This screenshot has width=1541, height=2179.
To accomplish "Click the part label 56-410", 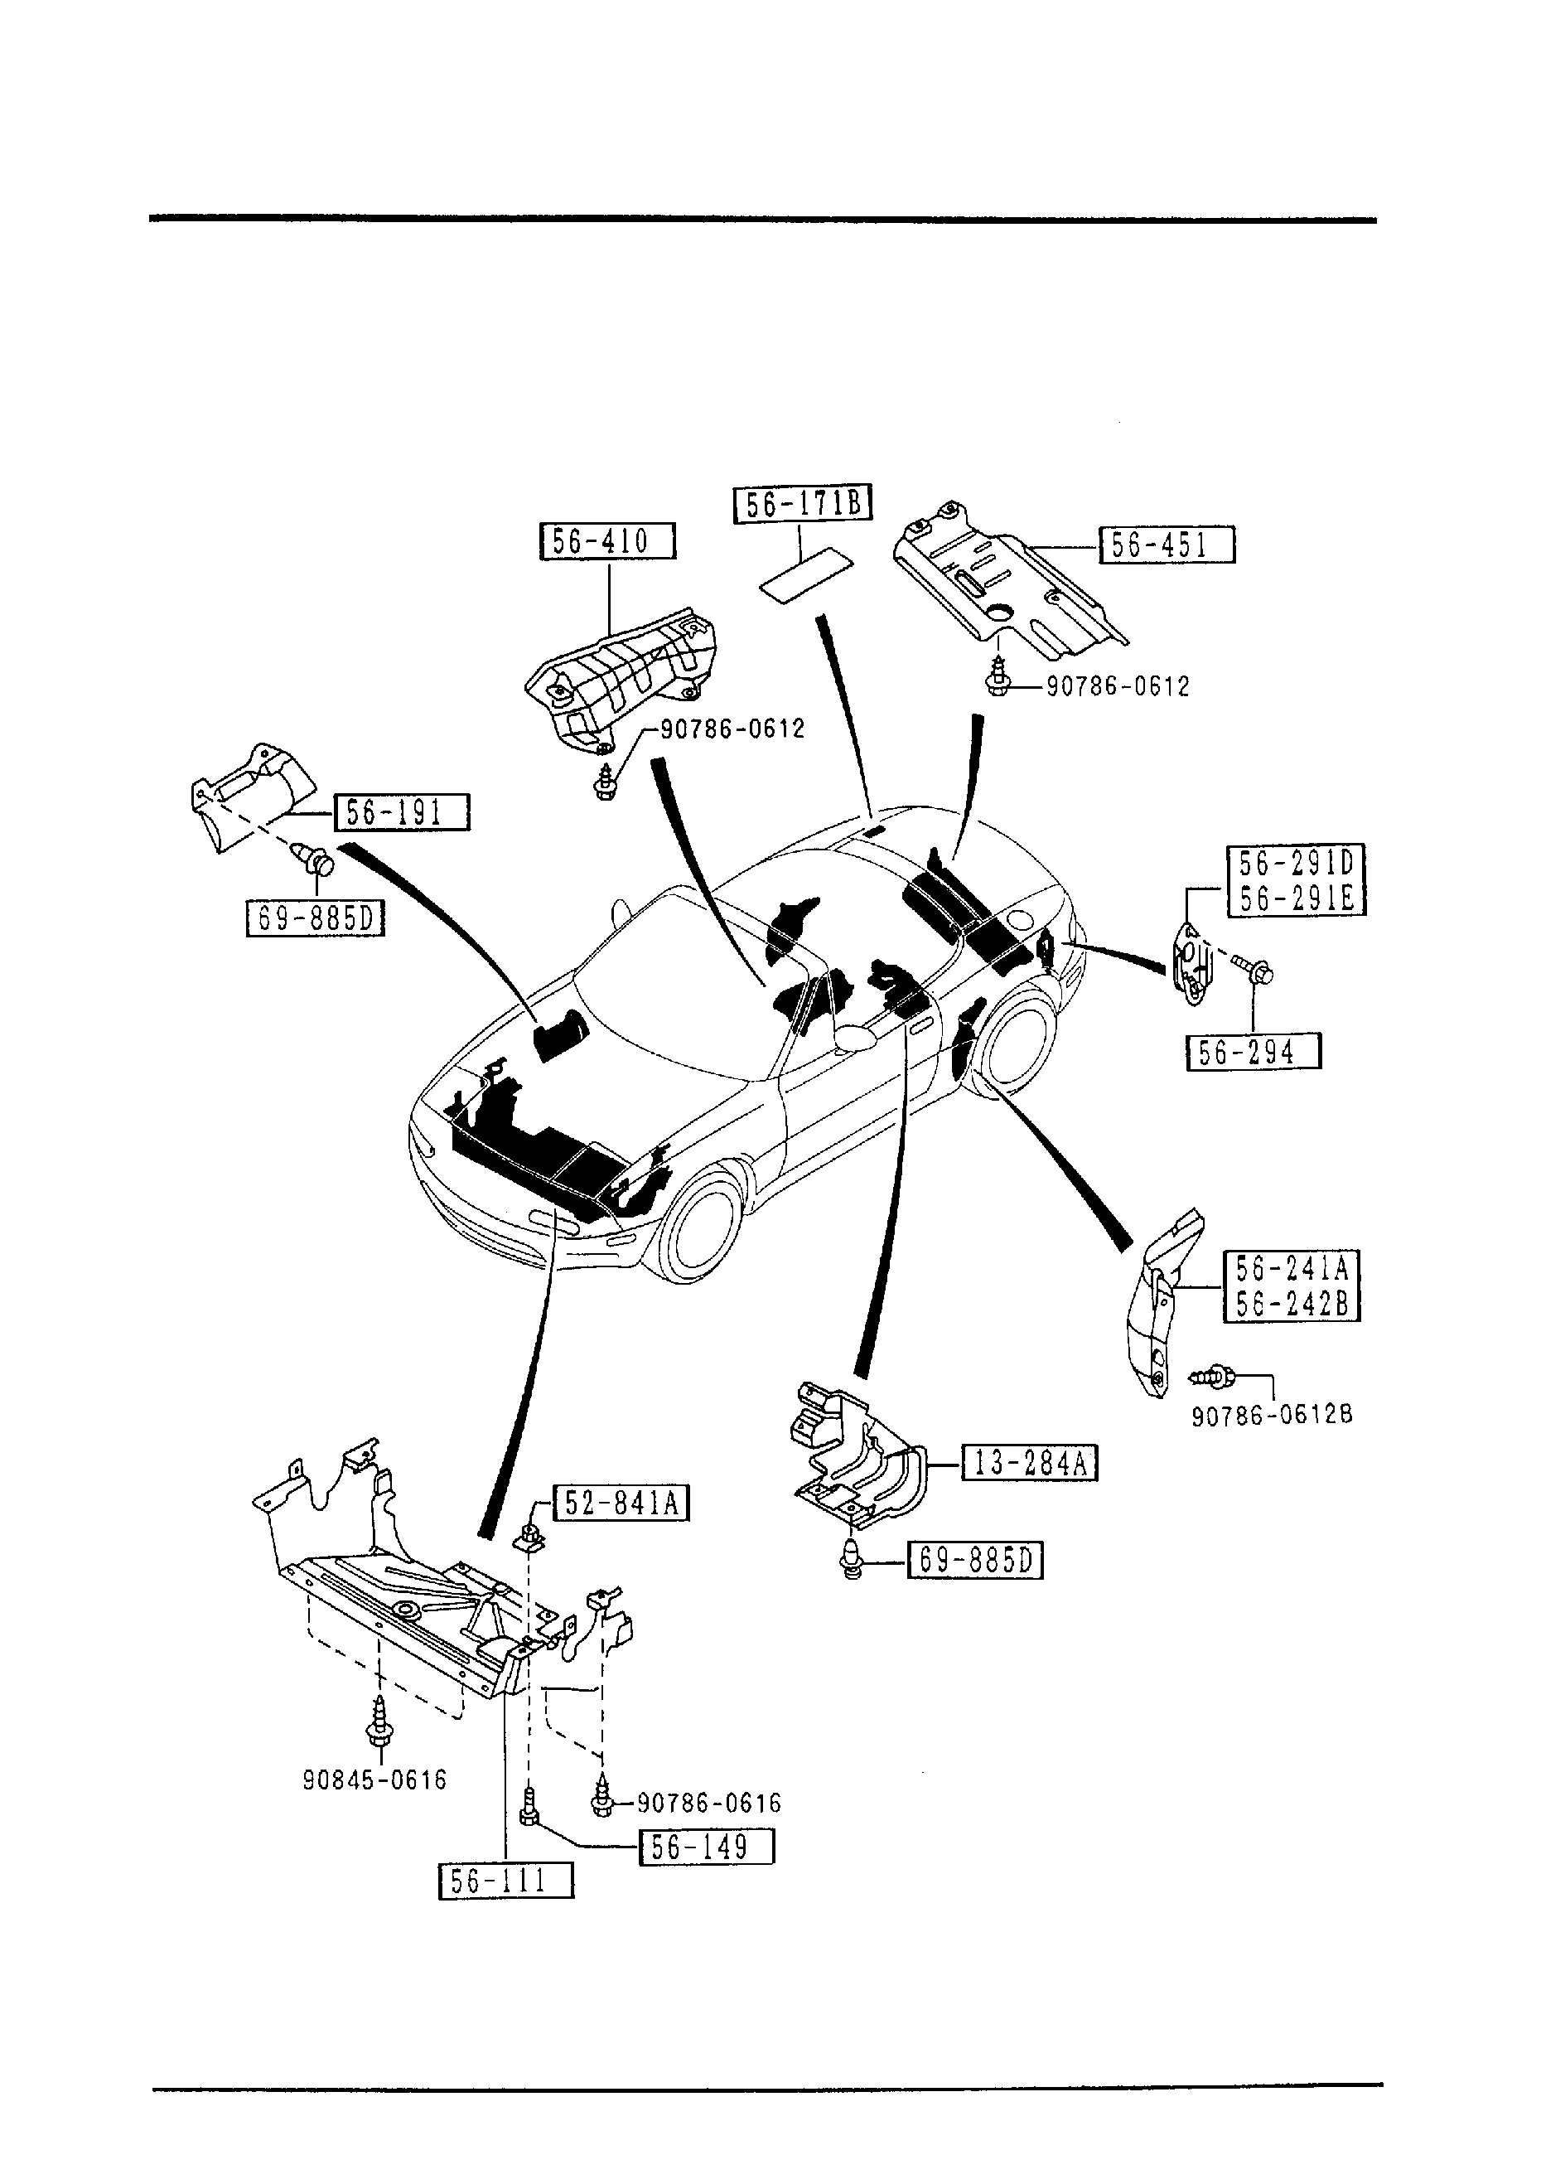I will pos(607,541).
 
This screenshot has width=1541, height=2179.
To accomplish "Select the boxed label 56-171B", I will pos(803,504).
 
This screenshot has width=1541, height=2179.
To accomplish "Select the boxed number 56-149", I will pos(707,1847).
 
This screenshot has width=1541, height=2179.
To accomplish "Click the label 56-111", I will pos(505,1880).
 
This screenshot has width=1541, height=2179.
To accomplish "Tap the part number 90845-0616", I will pos(374,1780).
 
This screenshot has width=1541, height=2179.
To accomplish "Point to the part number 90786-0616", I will pos(709,1802).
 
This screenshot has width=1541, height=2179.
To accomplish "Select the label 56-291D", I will pos(1297,865).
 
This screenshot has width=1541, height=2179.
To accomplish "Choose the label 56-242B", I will pos(1292,1304).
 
